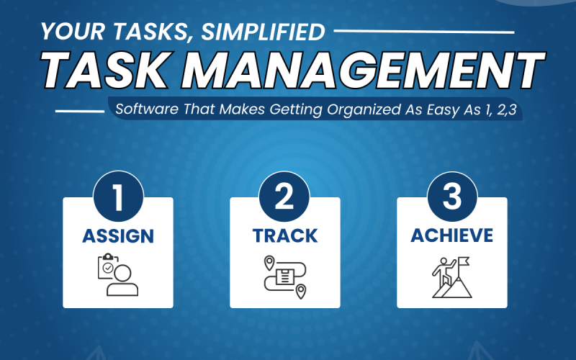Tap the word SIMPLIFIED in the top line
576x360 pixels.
(x=263, y=32)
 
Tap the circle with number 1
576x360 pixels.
(x=118, y=197)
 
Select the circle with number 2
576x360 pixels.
(x=284, y=197)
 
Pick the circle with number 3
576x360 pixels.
(x=452, y=197)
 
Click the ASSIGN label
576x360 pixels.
(x=118, y=236)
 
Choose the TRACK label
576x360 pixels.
(x=285, y=236)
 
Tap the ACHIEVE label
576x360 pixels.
(x=452, y=235)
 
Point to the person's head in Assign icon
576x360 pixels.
(x=122, y=273)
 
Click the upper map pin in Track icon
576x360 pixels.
(x=269, y=263)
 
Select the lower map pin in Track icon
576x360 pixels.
(x=301, y=292)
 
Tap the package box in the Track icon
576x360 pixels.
(x=284, y=276)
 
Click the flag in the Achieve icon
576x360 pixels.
(x=464, y=261)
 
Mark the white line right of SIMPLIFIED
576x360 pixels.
(x=424, y=32)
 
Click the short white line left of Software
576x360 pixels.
(x=80, y=111)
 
